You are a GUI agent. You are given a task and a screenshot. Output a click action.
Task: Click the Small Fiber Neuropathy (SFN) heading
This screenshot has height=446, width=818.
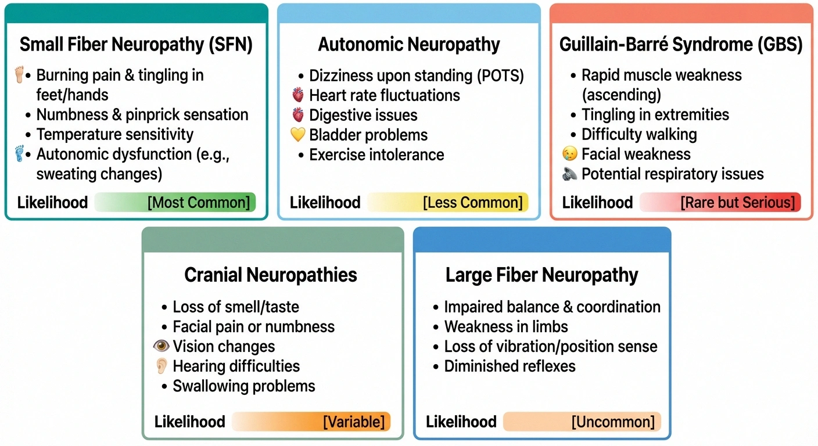[136, 45]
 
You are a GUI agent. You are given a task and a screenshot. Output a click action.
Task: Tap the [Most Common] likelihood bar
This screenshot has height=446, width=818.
[174, 202]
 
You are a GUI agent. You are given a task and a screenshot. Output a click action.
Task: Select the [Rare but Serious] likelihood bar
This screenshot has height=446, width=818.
[720, 202]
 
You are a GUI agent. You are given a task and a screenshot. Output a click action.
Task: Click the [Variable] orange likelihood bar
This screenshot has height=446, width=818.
[311, 422]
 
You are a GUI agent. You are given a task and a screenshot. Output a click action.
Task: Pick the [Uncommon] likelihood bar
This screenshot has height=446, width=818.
[582, 422]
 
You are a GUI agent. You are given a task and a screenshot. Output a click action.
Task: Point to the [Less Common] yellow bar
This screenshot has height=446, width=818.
[447, 202]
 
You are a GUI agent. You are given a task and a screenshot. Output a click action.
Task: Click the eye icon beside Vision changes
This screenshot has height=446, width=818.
[161, 346]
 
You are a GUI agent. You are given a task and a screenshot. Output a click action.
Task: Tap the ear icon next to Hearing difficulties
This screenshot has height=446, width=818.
[162, 366]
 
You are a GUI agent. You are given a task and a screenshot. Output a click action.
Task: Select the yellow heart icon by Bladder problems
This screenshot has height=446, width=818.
[297, 135]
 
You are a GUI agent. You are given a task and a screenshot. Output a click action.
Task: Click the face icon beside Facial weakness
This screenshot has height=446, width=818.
[570, 154]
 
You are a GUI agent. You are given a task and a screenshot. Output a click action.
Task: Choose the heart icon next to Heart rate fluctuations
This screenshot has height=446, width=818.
[297, 95]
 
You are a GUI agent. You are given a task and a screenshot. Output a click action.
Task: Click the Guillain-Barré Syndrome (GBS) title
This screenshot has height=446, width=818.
[681, 45]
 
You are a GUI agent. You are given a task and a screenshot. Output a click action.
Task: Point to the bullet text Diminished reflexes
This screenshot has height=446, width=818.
[510, 366]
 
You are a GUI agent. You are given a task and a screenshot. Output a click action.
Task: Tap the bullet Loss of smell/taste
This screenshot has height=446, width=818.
[236, 307]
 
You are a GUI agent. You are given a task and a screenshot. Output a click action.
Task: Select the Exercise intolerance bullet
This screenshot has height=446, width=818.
[376, 155]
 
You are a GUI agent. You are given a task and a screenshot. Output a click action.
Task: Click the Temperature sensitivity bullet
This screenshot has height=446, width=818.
[114, 134]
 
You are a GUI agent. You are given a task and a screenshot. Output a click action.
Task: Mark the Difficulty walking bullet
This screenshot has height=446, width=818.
[638, 134]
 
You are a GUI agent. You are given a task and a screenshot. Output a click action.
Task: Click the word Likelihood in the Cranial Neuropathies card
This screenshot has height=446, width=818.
[189, 422]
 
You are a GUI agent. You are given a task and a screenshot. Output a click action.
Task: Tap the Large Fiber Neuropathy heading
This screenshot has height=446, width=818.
[541, 275]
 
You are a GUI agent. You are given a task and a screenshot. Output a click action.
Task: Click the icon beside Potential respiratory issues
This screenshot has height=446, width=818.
[570, 174]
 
